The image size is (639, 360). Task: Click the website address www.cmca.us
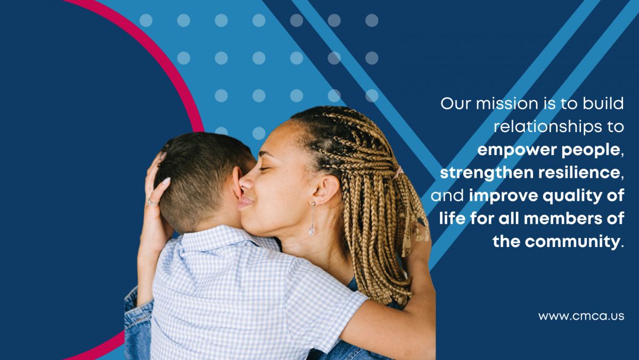(581, 316)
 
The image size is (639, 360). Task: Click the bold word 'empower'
(517, 150)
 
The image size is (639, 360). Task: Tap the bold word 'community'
(572, 242)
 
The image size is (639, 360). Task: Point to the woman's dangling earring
(313, 218)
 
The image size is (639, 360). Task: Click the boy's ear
(236, 183)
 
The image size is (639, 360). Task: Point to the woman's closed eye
(265, 169)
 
